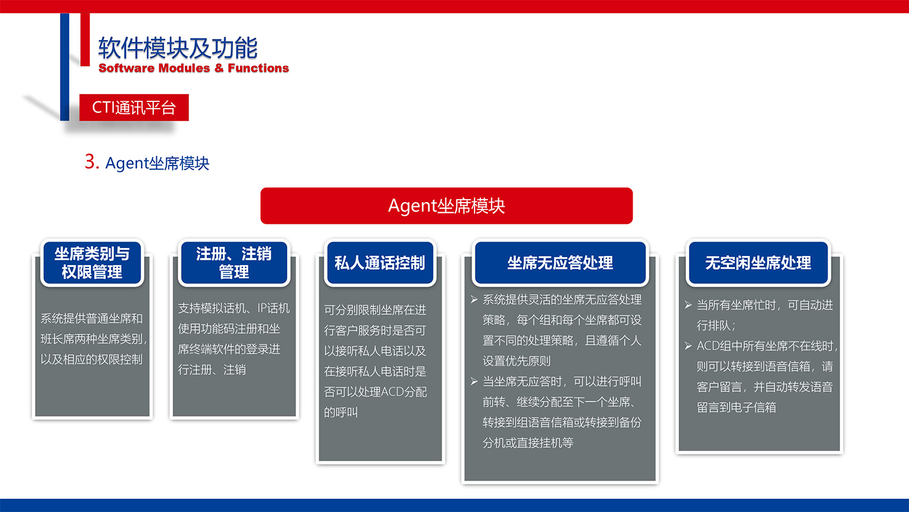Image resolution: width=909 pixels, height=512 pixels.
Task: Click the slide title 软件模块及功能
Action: point(178,48)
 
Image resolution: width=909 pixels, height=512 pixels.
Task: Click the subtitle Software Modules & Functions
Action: point(193,68)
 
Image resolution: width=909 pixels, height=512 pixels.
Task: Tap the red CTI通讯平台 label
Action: point(134,107)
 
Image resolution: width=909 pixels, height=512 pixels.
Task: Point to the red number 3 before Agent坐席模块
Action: point(92,161)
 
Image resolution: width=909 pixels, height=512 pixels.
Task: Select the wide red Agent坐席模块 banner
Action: point(447,206)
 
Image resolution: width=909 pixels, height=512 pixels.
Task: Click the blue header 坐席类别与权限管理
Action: point(92,263)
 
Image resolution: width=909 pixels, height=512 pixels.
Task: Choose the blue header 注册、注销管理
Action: point(234,263)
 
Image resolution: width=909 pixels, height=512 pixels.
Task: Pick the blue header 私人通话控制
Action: point(380,263)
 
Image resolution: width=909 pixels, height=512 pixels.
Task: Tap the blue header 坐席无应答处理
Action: point(560,263)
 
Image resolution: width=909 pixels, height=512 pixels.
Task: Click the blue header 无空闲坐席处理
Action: point(757,263)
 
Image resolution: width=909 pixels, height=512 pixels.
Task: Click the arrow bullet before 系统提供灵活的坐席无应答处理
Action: point(474,300)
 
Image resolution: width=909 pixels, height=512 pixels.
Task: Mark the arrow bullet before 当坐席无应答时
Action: point(474,382)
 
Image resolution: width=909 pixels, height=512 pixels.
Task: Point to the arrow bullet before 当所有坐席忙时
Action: point(688,305)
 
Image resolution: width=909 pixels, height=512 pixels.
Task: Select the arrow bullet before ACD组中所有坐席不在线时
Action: point(688,346)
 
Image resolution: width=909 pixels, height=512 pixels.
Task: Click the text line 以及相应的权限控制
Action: point(92,359)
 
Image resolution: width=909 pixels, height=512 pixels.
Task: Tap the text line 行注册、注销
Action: point(211,369)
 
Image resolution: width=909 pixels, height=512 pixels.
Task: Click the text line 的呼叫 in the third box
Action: point(341,413)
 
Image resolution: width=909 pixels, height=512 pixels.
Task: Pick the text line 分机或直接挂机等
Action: point(528,443)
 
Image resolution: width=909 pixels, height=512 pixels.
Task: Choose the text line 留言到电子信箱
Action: point(736,408)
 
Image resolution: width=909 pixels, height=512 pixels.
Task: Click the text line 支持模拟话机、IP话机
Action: point(234,308)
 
